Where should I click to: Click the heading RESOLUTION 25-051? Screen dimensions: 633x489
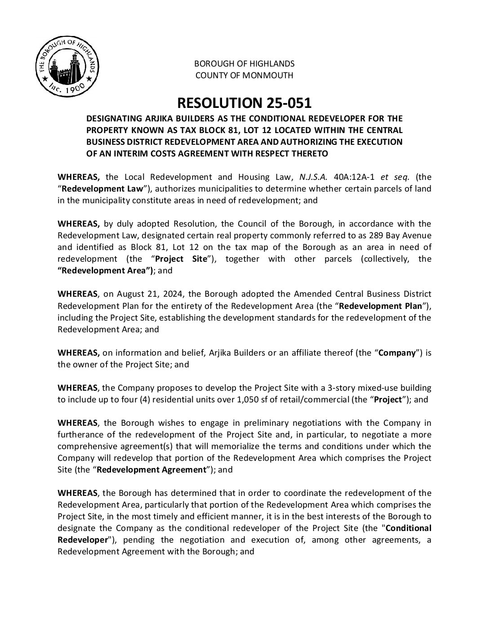point(244,103)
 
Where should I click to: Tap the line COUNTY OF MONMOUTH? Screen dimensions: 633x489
point(244,76)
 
